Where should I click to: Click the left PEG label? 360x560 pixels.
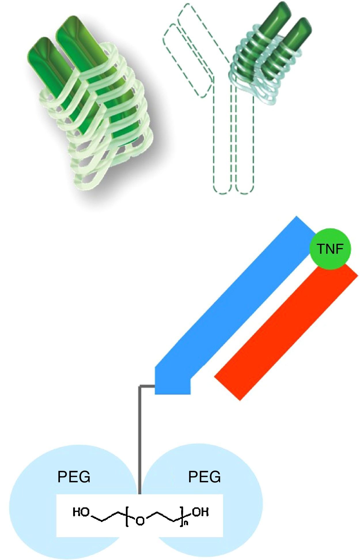pos(74,477)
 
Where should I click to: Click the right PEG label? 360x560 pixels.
pos(204,477)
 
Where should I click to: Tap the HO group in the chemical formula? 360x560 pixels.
pos(81,512)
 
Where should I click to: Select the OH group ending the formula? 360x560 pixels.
pos(200,512)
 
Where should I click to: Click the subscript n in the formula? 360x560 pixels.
pos(186,523)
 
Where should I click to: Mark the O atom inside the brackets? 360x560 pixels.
pos(140,521)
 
